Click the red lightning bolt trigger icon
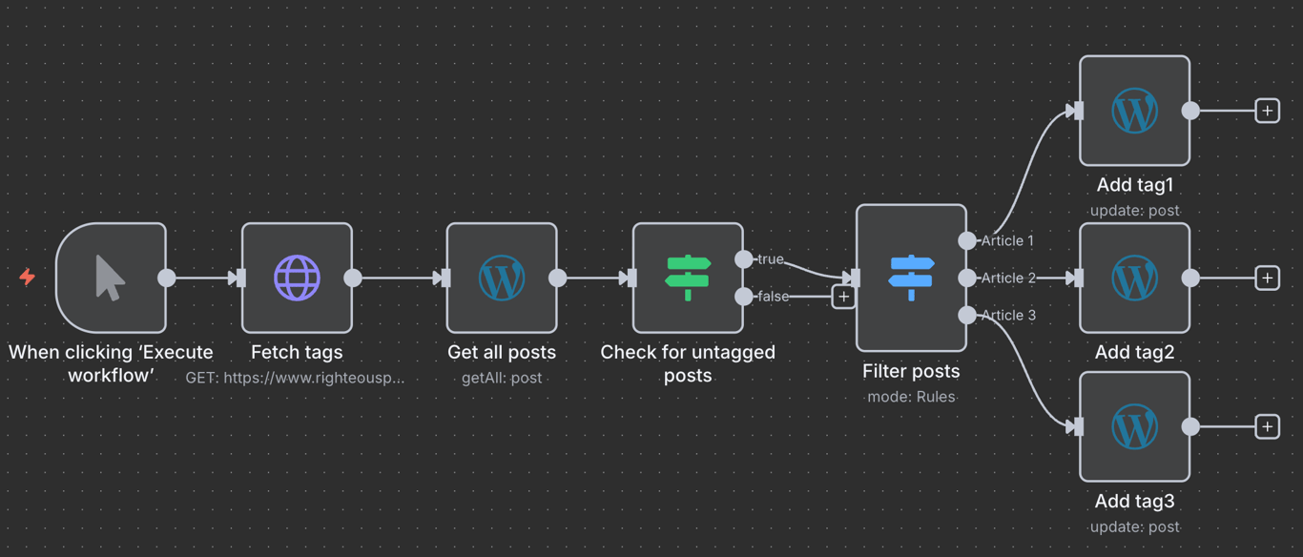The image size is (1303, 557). [x=28, y=278]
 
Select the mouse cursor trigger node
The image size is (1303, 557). [x=111, y=278]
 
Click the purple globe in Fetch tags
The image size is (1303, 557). [x=297, y=278]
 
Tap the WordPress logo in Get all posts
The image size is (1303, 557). [x=502, y=278]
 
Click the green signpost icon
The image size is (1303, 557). [x=688, y=278]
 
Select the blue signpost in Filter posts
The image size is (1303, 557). [x=911, y=278]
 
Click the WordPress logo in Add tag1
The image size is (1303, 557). [x=1134, y=111]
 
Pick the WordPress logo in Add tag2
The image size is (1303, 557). [x=1134, y=278]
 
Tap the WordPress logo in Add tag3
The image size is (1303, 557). [x=1134, y=426]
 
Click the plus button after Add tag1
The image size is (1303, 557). [x=1267, y=111]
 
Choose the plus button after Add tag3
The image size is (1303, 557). [x=1267, y=426]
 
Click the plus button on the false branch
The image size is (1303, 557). [x=843, y=297]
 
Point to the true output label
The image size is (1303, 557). [x=770, y=259]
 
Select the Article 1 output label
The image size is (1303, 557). [x=1007, y=241]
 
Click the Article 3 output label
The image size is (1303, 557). [x=1007, y=316]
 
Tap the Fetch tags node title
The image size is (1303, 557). [x=297, y=352]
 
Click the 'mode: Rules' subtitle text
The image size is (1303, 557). [x=911, y=397]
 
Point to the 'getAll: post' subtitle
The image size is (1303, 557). [x=502, y=378]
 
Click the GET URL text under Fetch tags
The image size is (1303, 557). [x=295, y=378]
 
